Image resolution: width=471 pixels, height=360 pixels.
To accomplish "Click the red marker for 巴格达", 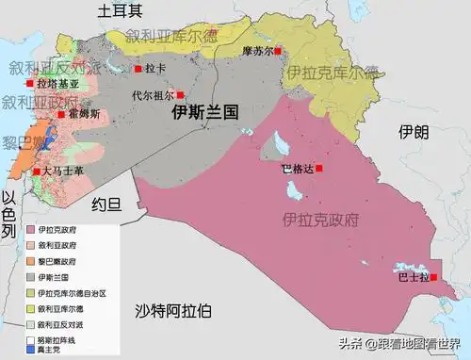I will click(x=319, y=168).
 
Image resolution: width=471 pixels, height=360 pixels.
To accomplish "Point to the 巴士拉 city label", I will click(x=411, y=277).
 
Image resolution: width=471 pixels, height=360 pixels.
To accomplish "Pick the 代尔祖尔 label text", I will click(x=153, y=95).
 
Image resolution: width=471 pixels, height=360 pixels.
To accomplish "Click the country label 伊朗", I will click(x=413, y=131).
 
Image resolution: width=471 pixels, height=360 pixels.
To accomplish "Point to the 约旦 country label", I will click(x=108, y=203).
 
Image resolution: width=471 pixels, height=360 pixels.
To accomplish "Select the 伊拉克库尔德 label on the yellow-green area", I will click(x=333, y=72).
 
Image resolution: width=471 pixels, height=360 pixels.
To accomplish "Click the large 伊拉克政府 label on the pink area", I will click(x=321, y=221).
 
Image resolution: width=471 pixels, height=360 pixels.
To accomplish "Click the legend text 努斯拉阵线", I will click(x=58, y=339).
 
